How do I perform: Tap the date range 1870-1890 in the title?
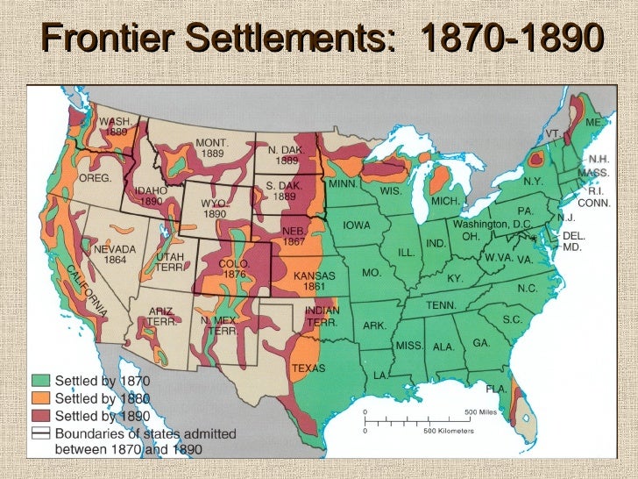[513, 39]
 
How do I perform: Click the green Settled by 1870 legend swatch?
[41, 382]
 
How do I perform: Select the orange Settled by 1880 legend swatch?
[41, 398]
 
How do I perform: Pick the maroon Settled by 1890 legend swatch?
[41, 415]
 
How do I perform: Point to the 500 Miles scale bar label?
[481, 411]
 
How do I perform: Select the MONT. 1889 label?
[212, 147]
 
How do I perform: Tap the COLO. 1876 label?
[233, 268]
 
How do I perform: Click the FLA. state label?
[497, 387]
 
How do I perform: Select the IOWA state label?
[357, 225]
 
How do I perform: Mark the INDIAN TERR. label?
[322, 316]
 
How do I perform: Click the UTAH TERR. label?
[170, 261]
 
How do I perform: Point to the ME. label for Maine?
[593, 124]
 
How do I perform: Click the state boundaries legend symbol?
[41, 433]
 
